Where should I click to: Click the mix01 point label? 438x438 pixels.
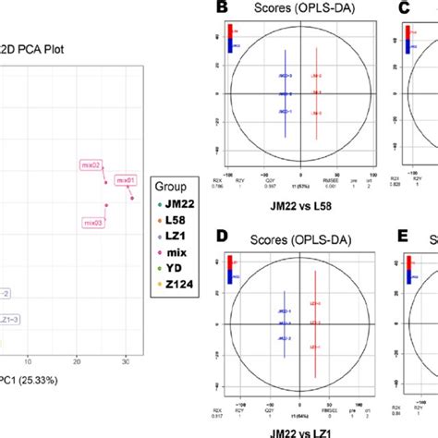pyautogui.click(x=125, y=180)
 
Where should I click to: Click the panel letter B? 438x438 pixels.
pyautogui.click(x=221, y=10)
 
